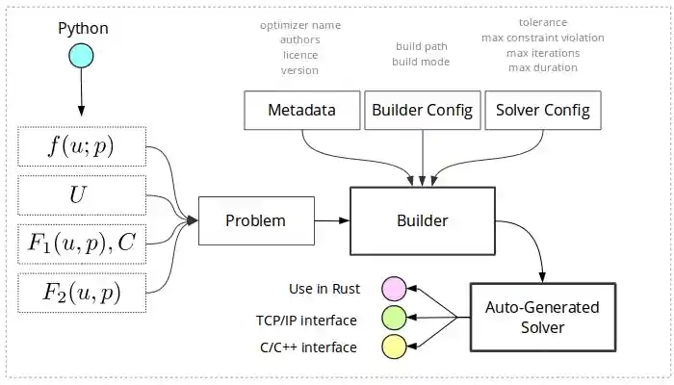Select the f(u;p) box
81,147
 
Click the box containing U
81,196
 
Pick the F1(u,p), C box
81,244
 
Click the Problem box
255,220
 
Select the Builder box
422,220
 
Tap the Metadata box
302,110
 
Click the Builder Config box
422,110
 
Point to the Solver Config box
541,110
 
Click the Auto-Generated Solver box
541,318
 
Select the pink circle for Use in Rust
394,288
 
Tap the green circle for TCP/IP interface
394,318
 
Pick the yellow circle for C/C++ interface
394,347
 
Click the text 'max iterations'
542,52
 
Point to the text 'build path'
421,46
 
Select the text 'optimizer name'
300,24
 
